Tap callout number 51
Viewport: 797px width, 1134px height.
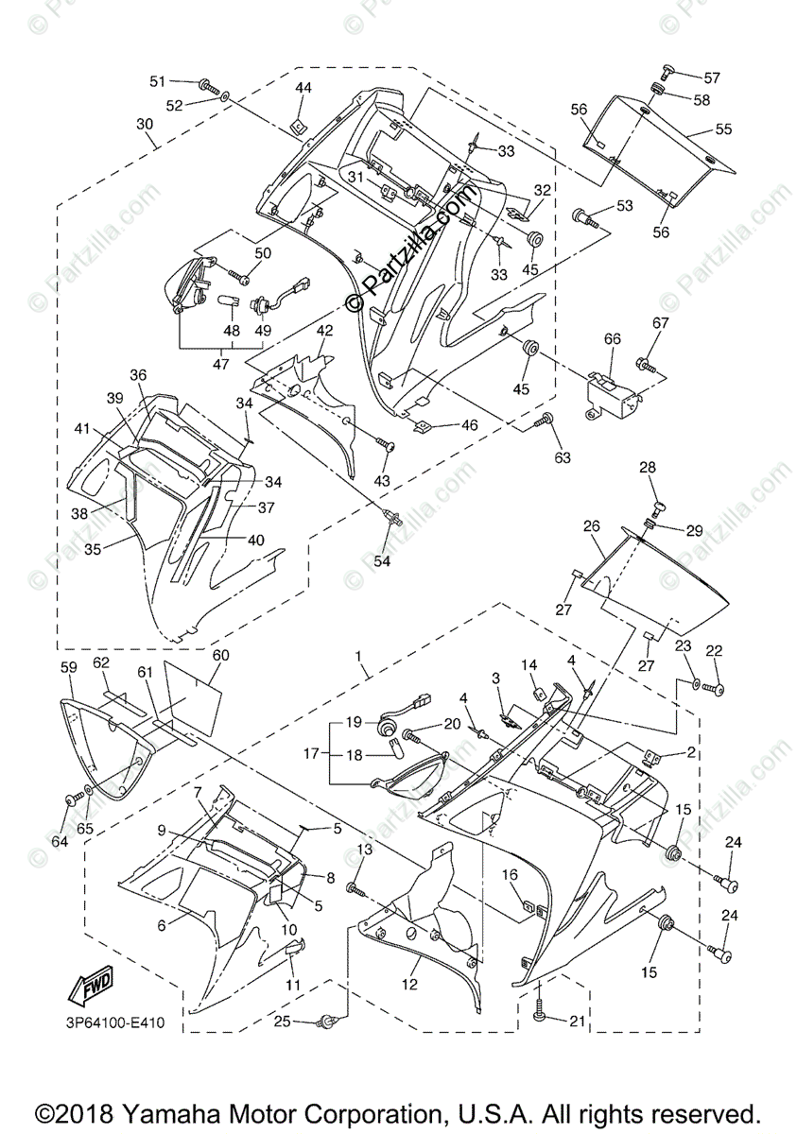pos(157,81)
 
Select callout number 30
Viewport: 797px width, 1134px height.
pos(144,124)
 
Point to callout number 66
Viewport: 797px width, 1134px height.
pos(613,338)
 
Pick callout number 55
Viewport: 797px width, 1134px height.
pos(723,128)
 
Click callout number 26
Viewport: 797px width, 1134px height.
pos(592,526)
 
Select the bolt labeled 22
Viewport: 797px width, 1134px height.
pos(716,691)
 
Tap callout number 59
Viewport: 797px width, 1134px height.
pos(68,667)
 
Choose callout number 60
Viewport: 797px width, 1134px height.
pos(220,655)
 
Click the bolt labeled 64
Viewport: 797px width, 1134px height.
pos(71,799)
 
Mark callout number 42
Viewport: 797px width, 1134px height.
pos(324,331)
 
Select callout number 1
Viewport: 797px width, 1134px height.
pos(358,656)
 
